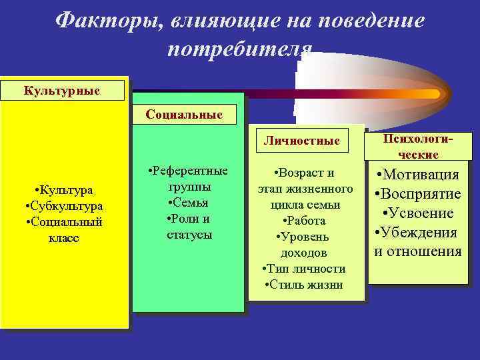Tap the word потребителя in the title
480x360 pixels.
tap(240, 50)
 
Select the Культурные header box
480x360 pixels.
tap(63, 89)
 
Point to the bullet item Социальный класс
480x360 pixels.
tap(64, 229)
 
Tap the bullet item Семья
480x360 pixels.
tap(189, 202)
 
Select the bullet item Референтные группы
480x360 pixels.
tap(189, 178)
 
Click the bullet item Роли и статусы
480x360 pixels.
tap(189, 226)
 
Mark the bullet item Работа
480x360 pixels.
tap(305, 221)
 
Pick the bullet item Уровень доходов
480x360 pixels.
tap(304, 245)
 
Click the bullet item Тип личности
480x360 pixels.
tap(304, 269)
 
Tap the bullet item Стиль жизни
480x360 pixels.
tap(304, 285)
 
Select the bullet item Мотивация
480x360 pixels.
tap(418, 175)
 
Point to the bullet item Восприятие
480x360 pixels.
tap(418, 194)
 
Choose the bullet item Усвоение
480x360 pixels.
tap(418, 213)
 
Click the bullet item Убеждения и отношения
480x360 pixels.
tap(418, 242)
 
